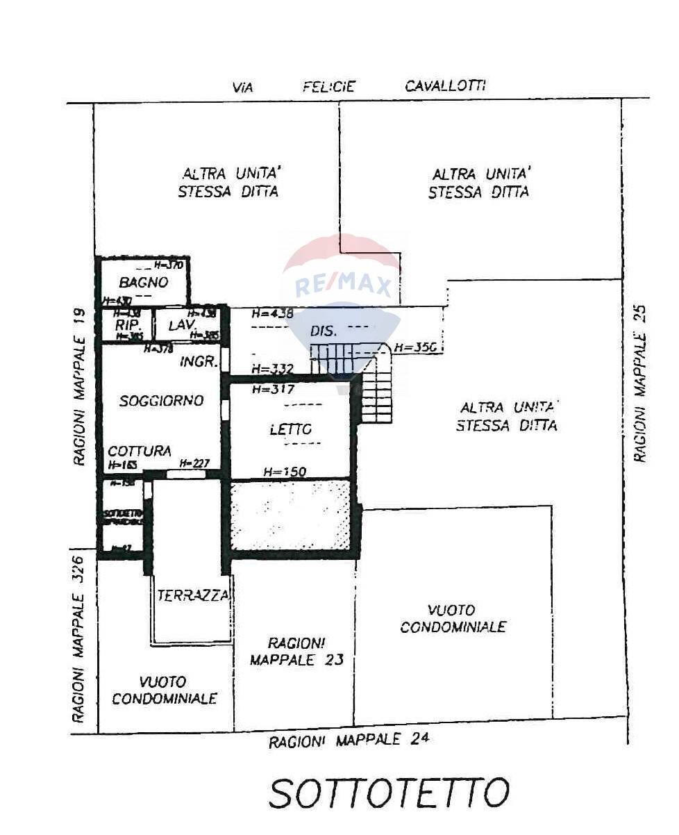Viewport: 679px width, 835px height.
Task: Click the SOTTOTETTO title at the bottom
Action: pyautogui.click(x=389, y=793)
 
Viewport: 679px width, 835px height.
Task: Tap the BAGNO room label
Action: pyautogui.click(x=144, y=282)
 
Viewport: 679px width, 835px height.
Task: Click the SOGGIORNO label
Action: pyautogui.click(x=161, y=401)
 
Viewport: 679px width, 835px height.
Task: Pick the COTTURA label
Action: pyautogui.click(x=140, y=451)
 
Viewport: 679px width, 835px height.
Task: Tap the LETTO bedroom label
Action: pyautogui.click(x=290, y=430)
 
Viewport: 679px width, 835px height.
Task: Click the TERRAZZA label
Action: pyautogui.click(x=192, y=595)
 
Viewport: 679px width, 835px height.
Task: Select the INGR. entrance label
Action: pyautogui.click(x=199, y=362)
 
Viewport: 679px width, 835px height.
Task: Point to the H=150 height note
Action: pyautogui.click(x=285, y=472)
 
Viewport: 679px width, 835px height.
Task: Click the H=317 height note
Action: pyautogui.click(x=274, y=390)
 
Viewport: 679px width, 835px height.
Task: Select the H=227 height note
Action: pyautogui.click(x=194, y=463)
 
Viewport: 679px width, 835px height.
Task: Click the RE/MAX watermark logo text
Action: pyautogui.click(x=344, y=286)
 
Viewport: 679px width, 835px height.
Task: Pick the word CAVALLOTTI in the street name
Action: pyautogui.click(x=445, y=85)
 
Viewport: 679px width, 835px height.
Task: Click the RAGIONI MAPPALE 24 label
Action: pyautogui.click(x=349, y=741)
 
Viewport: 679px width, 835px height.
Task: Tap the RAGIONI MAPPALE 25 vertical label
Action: pyautogui.click(x=640, y=383)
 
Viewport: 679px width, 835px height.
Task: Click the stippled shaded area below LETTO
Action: pyautogui.click(x=290, y=515)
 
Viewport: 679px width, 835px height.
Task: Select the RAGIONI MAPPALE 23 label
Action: pyautogui.click(x=296, y=651)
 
